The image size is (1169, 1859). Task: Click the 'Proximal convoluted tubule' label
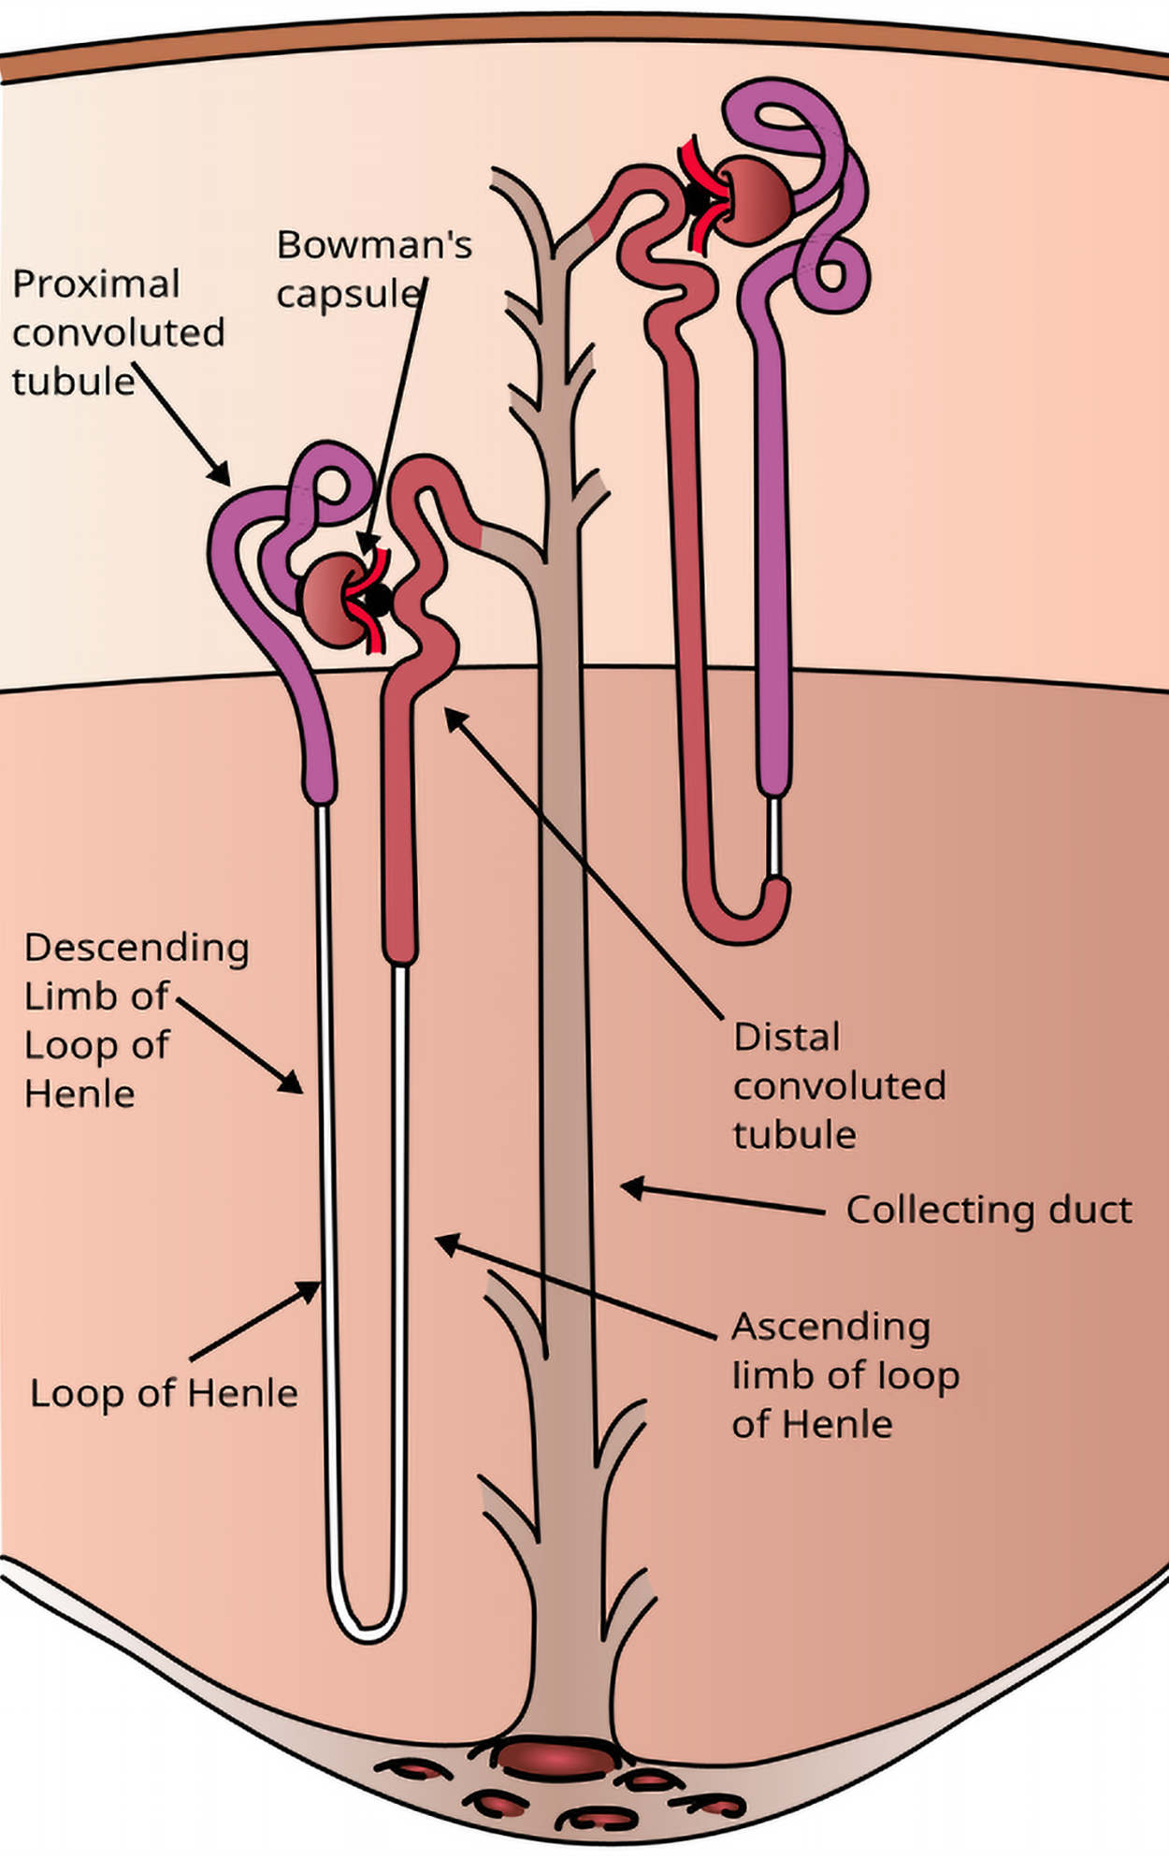tap(118, 332)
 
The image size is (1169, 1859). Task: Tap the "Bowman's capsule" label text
tap(372, 269)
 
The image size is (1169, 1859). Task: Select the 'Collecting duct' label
tap(989, 1210)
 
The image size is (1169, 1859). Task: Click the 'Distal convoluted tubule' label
tap(838, 1085)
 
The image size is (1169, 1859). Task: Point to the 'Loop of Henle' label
tap(164, 1393)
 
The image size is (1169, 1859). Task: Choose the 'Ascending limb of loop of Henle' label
tap(844, 1375)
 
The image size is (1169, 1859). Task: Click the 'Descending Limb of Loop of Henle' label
tap(135, 1020)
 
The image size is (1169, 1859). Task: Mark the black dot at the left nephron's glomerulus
tap(378, 599)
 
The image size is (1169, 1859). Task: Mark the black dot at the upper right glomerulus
tap(697, 198)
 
